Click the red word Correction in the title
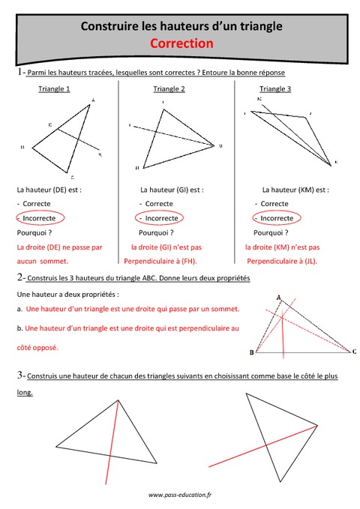point(182,43)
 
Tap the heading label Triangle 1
point(54,88)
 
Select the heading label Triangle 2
point(169,88)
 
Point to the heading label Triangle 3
point(277,88)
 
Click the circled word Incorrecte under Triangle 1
point(43,218)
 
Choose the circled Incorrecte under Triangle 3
point(277,218)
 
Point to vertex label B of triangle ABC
point(250,352)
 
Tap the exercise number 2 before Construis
point(19,278)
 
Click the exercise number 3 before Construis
point(19,375)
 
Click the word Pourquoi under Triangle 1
point(34,232)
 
